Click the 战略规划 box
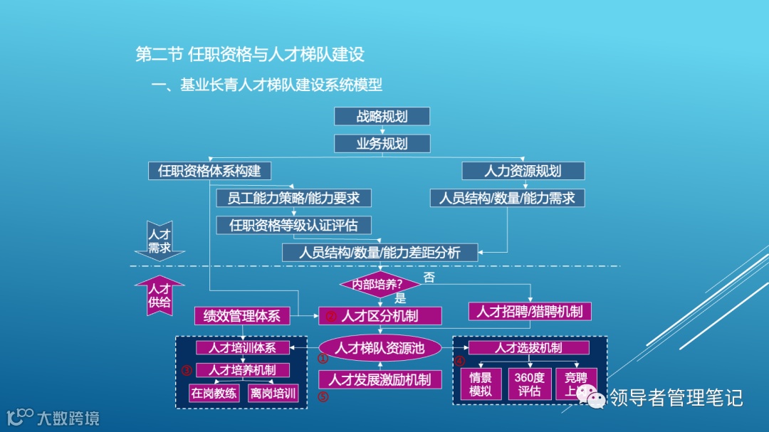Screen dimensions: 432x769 382,117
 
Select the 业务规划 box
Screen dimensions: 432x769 382,144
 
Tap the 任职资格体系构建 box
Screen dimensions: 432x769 209,172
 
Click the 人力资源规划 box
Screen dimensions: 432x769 523,172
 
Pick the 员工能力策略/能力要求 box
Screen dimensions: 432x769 293,198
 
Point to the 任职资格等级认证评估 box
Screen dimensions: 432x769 293,226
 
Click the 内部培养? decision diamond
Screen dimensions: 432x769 380,284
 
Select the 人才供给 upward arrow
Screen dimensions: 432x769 159,294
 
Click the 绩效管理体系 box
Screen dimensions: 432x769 242,316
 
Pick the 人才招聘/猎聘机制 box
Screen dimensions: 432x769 530,312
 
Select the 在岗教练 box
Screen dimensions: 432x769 214,393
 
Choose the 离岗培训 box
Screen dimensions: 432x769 273,393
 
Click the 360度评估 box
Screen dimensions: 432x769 529,384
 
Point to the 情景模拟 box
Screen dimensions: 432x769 481,384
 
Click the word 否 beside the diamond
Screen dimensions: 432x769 429,278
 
